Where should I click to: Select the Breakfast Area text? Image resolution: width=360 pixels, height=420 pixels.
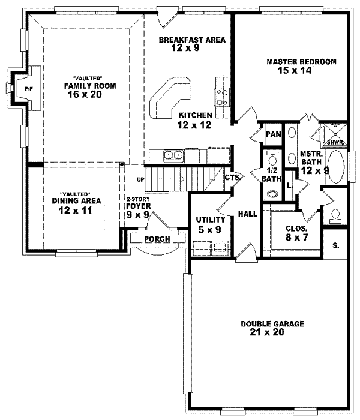point(191,41)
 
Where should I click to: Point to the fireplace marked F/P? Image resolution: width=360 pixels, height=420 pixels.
point(28,89)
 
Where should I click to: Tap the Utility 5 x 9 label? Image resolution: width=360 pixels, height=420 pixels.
point(209,224)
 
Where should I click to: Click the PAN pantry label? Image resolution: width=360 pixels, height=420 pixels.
point(274,134)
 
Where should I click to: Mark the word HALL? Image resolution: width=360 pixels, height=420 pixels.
point(248,214)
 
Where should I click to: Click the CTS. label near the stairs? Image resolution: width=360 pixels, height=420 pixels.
point(233,177)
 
